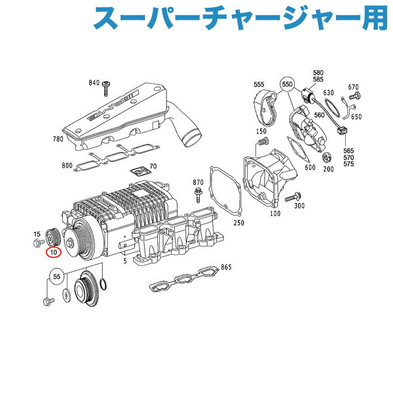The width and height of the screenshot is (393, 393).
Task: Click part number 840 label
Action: pos(94,83)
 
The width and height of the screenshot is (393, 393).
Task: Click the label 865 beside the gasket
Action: pos(226,267)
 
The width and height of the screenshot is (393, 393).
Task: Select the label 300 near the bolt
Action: pos(301,206)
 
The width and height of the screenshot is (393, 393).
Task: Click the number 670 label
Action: pos(354,86)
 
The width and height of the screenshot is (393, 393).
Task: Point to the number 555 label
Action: pos(259,84)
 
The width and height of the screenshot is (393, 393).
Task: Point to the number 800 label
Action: pos(67,166)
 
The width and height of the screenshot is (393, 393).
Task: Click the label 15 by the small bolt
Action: pos(37,234)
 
